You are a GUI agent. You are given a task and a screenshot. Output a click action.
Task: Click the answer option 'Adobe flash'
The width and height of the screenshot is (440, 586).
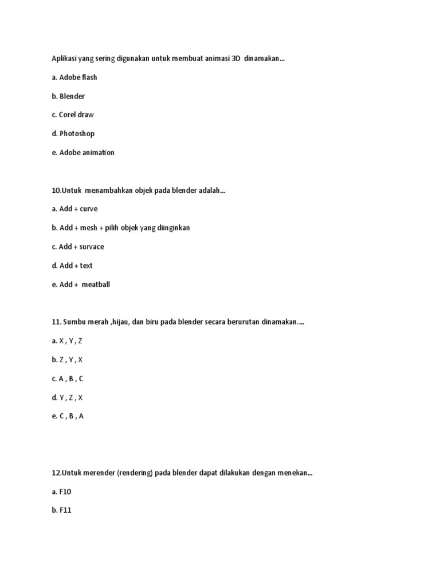(x=78, y=77)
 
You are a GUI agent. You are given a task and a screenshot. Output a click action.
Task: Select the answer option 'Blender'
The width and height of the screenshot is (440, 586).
(x=72, y=96)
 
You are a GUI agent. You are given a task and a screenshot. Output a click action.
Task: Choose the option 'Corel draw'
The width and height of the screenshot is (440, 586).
(x=76, y=114)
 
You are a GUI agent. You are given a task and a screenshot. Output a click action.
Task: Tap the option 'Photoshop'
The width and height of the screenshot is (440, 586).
(x=77, y=133)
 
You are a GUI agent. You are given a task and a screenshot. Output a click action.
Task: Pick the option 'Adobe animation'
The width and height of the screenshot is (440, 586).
(x=87, y=152)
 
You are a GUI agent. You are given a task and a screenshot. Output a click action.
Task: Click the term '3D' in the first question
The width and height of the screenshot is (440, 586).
(x=235, y=58)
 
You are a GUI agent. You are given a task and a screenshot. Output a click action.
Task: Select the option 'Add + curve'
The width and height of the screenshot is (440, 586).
(x=78, y=209)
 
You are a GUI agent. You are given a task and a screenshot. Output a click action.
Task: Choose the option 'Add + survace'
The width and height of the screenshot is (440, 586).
(x=81, y=247)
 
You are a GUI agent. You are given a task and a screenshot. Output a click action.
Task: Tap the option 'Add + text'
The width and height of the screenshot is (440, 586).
(x=76, y=266)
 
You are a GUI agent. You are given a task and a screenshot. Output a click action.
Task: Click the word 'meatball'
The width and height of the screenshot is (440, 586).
(x=96, y=284)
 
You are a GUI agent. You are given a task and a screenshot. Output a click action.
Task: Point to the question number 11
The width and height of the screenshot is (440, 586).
(x=56, y=322)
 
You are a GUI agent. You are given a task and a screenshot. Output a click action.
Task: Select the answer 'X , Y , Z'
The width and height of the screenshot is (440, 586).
(x=71, y=341)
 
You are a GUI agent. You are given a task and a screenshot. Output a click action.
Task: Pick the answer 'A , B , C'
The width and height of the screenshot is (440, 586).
(x=72, y=379)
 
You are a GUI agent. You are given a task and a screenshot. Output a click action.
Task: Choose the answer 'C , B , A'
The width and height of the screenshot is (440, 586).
(x=72, y=417)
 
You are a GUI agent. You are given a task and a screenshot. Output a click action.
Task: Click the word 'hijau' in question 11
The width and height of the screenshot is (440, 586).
(x=119, y=322)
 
